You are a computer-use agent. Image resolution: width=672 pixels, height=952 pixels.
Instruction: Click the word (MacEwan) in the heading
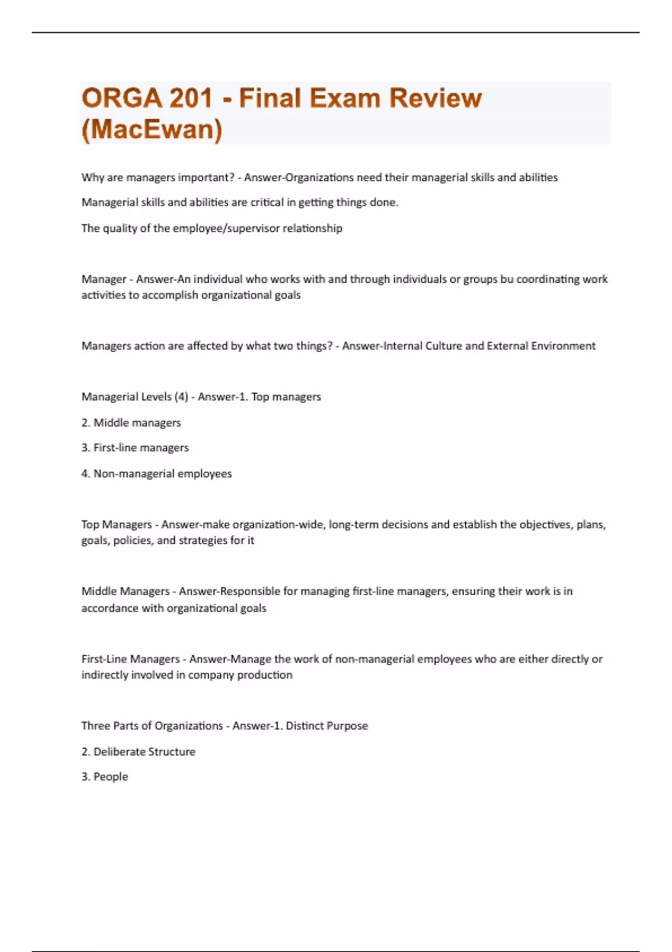click(152, 129)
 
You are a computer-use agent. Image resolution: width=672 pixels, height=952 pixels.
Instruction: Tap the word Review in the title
click(435, 99)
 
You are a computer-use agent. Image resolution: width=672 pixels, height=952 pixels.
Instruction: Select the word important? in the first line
click(206, 178)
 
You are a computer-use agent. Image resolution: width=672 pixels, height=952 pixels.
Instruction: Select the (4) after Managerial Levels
click(181, 397)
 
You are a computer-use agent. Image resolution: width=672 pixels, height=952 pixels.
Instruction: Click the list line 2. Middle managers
click(131, 423)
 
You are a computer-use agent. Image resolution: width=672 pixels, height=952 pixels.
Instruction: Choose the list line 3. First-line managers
click(135, 448)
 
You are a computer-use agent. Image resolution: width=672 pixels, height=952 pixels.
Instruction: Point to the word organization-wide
click(278, 525)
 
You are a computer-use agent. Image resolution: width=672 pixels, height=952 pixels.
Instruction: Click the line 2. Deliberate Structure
click(138, 752)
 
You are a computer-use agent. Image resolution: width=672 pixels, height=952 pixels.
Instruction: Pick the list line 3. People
click(105, 777)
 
